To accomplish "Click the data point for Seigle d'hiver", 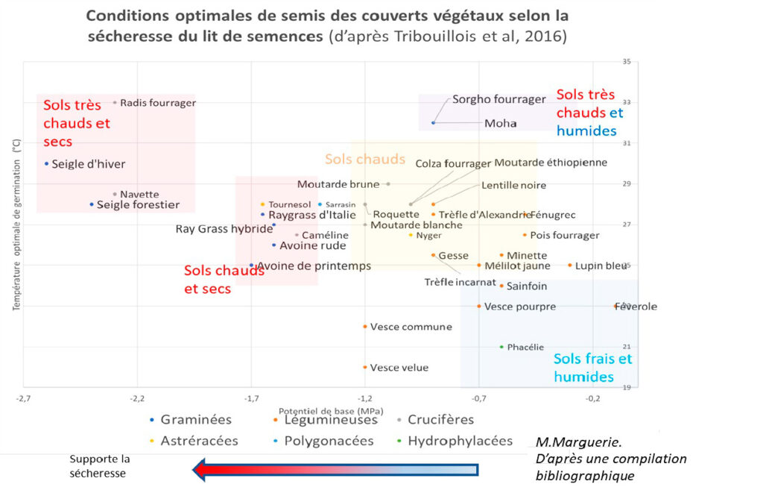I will tap(47, 163).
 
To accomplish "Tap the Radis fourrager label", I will tap(158, 103).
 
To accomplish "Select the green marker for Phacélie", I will tap(501, 347).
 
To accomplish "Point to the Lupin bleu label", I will tap(601, 266).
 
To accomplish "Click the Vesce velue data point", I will tap(365, 367).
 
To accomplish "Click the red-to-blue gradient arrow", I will tap(335, 469).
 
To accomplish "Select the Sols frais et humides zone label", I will tap(592, 368).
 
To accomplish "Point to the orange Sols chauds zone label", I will tap(364, 159).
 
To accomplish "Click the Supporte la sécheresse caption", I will tap(100, 466).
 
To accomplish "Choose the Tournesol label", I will tap(290, 204).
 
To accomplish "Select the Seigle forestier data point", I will tap(92, 204).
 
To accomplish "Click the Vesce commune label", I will tap(411, 327).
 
